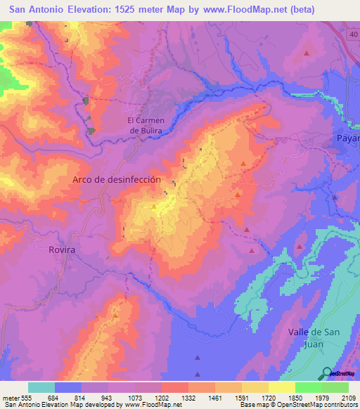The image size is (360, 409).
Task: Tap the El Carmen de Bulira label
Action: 145,125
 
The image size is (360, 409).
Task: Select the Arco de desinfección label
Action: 117,180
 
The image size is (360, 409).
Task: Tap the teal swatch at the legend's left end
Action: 41,387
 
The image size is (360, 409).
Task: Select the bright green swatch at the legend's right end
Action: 335,387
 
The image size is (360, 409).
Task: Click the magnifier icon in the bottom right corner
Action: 326,373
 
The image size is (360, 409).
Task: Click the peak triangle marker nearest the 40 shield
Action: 307,53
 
